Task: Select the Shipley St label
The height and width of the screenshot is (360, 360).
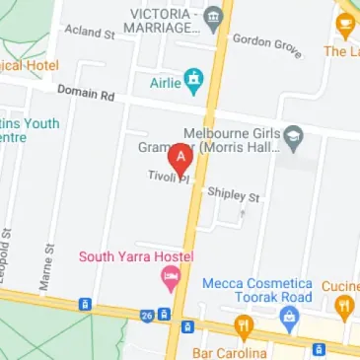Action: tap(233, 195)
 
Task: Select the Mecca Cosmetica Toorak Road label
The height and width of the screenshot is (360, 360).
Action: tap(256, 290)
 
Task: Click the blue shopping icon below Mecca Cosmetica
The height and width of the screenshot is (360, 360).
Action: tap(289, 317)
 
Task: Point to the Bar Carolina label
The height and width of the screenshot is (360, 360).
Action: tap(230, 352)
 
